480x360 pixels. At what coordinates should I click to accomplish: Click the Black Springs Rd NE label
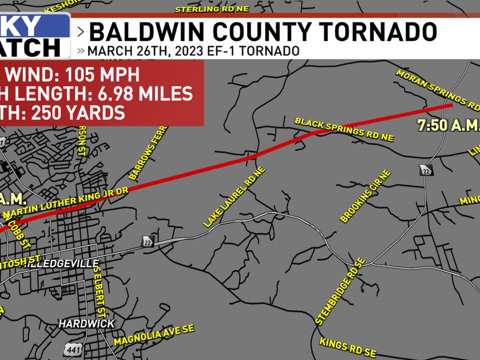point(344,129)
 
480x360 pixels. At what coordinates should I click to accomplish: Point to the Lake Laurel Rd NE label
point(234,197)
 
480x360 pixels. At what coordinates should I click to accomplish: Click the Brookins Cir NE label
point(365,196)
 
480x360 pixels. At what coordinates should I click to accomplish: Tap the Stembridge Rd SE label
point(341,292)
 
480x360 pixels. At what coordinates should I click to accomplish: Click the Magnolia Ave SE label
point(154,334)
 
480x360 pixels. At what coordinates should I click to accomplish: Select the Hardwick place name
point(86,323)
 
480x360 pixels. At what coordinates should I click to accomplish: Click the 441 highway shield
point(72,349)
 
